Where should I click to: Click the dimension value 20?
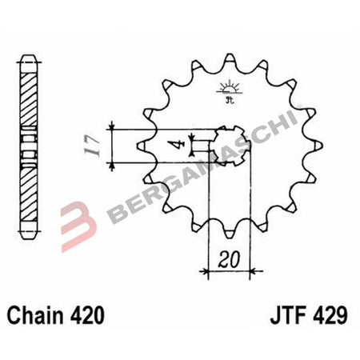[229, 261]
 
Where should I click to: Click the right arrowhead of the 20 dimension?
[249, 271]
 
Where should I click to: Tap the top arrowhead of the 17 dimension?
[113, 128]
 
